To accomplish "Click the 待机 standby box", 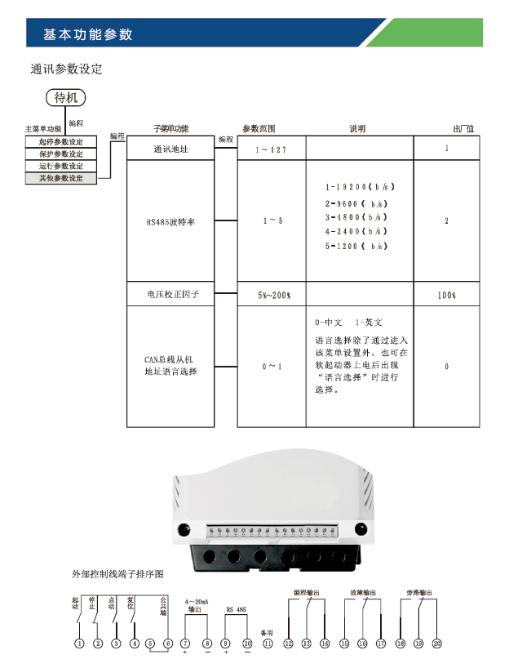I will [65, 98].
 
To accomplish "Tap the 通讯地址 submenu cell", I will [171, 149].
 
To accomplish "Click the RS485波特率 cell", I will [171, 221].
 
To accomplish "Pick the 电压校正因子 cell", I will [171, 294].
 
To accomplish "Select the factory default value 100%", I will [447, 294].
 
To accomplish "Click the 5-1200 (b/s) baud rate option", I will [356, 246].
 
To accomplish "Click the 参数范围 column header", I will [259, 129].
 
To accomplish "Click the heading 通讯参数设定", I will [66, 69].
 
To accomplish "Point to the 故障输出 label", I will [360, 592].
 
